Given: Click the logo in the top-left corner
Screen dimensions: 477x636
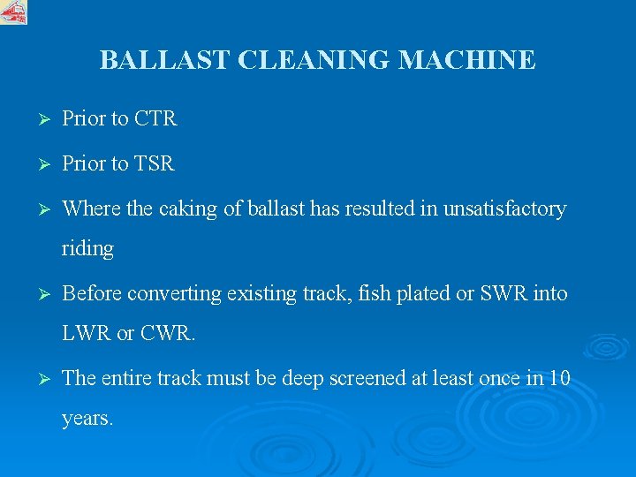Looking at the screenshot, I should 13,11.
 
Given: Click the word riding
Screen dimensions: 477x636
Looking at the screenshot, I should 87,249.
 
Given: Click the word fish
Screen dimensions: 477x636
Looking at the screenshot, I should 374,293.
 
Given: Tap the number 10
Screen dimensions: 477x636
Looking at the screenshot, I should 558,379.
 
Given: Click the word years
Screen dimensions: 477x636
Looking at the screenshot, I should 87,420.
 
